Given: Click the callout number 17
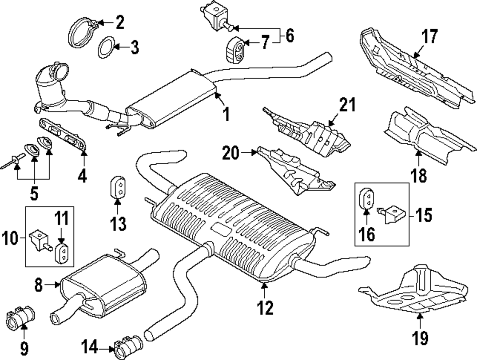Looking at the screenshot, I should pyautogui.click(x=429, y=37).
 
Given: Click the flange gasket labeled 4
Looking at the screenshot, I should pyautogui.click(x=65, y=135).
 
